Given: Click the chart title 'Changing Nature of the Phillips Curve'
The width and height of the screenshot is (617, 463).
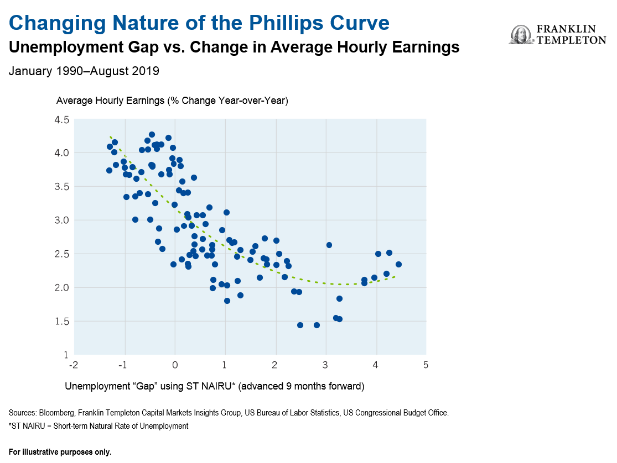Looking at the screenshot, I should pos(199,23).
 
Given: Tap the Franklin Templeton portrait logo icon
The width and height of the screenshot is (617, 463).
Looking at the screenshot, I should pos(520,34).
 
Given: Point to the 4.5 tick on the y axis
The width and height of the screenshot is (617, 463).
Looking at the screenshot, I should pos(62,119).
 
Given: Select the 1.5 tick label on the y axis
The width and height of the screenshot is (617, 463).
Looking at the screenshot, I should pos(62,322).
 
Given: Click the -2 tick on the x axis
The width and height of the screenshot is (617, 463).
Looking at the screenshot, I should pos(74,365).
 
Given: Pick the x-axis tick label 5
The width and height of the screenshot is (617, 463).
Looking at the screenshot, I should pos(426,365).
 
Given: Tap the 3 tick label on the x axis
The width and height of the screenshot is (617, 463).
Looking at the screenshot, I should pos(325,365).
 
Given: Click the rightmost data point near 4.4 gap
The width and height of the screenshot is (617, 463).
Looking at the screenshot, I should pos(398,264).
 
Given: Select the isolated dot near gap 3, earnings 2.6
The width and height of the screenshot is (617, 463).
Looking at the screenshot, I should pos(329,245).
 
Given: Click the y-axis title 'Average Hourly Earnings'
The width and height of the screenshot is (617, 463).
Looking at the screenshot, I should pos(172,101).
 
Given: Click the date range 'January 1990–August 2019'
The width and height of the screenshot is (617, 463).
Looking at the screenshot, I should pos(84,71).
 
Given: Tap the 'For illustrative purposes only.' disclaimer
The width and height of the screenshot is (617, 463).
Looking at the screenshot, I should pos(60,452).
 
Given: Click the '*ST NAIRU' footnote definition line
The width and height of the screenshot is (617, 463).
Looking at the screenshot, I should pos(98,426).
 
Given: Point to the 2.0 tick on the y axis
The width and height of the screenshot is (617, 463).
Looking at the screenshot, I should pos(62,288).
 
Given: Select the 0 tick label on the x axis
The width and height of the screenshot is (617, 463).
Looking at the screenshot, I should pos(175,365).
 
